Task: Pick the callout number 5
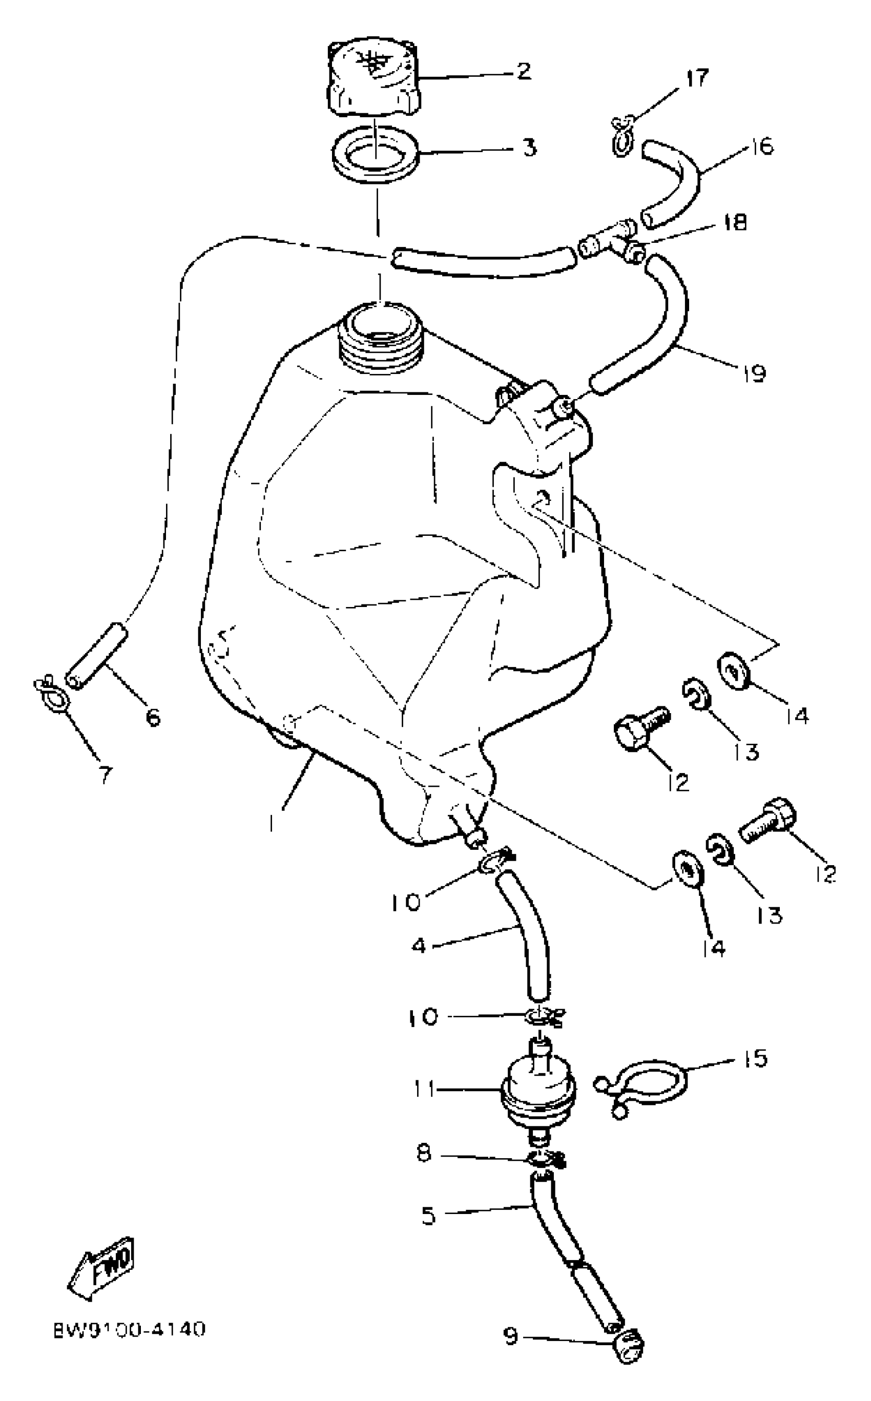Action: click(429, 1216)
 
